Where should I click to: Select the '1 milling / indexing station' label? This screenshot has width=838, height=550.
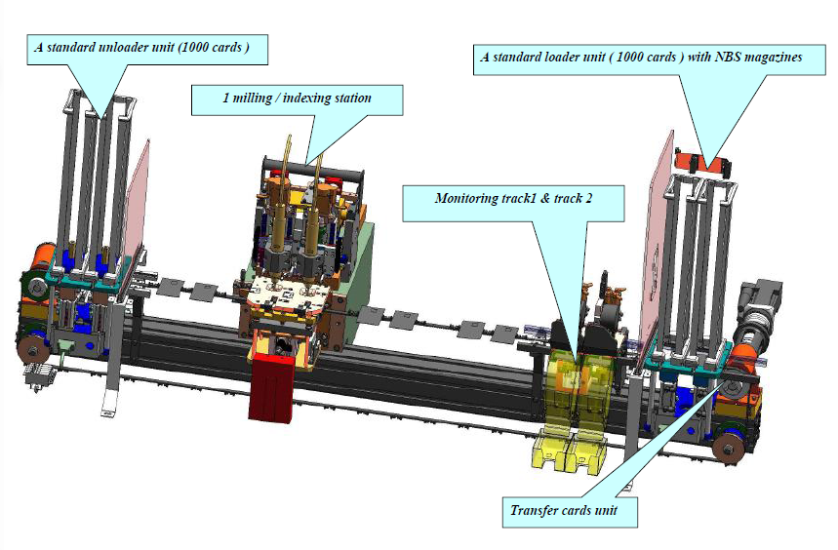[296, 98]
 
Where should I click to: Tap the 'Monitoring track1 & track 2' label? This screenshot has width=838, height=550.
[513, 198]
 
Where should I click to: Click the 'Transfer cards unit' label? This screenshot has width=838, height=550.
[560, 510]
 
